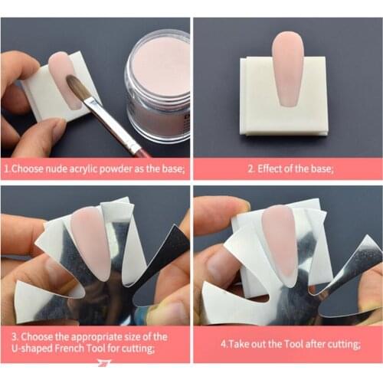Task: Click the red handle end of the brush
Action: [x=142, y=151]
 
